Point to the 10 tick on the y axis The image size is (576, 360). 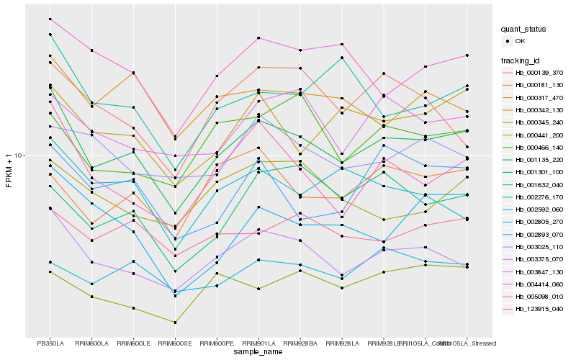pyautogui.click(x=20, y=156)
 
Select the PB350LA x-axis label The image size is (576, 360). pyautogui.click(x=50, y=343)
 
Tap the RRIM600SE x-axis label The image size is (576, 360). pyautogui.click(x=176, y=343)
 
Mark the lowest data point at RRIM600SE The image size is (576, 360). pyautogui.click(x=176, y=322)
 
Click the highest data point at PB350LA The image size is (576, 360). pyautogui.click(x=50, y=19)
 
